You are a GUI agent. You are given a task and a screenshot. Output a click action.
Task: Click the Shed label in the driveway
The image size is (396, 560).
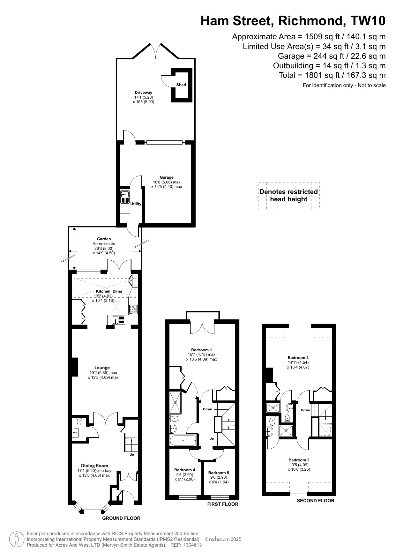(x=181, y=85)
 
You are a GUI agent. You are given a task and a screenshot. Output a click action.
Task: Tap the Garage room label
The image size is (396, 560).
(x=167, y=177)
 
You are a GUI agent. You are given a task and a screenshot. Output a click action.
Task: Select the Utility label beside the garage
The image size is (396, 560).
(x=136, y=204)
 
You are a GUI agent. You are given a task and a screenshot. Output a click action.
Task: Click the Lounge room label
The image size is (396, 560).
(x=102, y=368)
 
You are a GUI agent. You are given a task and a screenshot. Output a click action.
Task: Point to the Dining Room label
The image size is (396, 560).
(x=94, y=466)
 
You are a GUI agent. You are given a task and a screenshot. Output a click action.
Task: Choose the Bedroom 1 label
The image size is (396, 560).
(x=201, y=350)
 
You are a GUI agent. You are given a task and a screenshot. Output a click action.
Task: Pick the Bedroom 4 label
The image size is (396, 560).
(x=184, y=470)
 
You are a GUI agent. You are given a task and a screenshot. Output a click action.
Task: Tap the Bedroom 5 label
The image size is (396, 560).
(x=219, y=473)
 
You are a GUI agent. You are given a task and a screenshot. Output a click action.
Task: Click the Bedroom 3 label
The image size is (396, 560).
(x=299, y=460)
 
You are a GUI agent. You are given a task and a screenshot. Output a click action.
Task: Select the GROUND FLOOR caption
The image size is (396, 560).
(x=121, y=518)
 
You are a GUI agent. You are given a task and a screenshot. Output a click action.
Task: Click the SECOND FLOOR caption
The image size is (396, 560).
(x=316, y=501)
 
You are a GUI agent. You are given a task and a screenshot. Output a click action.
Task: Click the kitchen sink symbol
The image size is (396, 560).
(x=118, y=319)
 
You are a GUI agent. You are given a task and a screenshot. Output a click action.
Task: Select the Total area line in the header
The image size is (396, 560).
(x=332, y=75)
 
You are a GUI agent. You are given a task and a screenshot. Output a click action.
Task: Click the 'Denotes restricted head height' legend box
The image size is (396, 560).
(x=289, y=196)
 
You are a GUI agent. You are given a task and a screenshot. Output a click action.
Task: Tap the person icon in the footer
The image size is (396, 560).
(x=17, y=539)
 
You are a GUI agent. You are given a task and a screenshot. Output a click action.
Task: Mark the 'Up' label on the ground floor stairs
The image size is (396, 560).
(x=132, y=455)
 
